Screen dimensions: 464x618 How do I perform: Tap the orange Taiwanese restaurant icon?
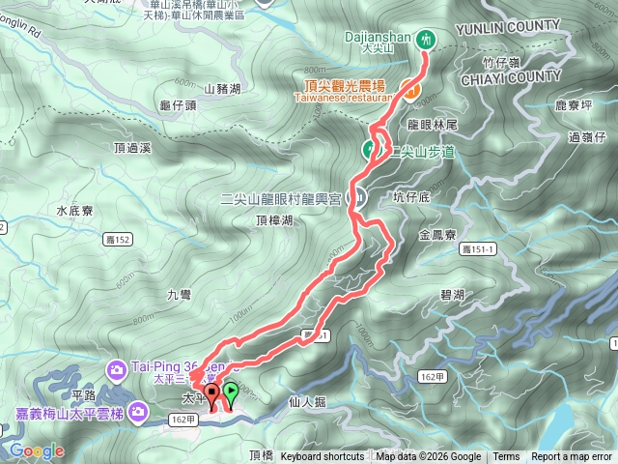[x=410, y=91]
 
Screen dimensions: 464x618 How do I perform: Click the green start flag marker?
[x=232, y=392]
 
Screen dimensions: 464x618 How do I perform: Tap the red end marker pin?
[x=212, y=392]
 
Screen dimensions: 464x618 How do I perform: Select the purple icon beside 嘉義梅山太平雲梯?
[x=137, y=413]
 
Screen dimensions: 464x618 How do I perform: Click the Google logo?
[x=38, y=450]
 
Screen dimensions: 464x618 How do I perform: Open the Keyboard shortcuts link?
[x=323, y=457]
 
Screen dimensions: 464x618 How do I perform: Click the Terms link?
[x=506, y=457]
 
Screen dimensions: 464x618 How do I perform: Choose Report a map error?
[x=571, y=457]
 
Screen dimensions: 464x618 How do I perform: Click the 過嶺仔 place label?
[x=586, y=138]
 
